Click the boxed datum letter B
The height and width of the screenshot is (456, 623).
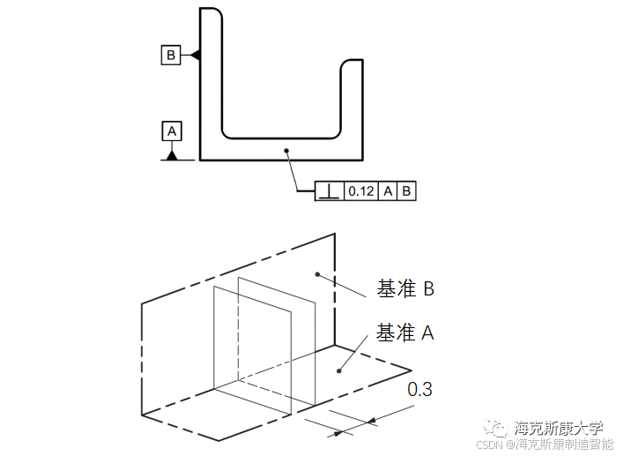(x=171, y=55)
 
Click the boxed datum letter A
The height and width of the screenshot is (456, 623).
(x=172, y=131)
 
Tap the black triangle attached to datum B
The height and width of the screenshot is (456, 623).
(x=195, y=55)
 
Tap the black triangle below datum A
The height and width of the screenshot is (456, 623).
(x=172, y=155)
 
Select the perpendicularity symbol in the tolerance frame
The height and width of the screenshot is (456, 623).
(x=329, y=190)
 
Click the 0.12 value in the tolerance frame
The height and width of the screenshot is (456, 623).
(x=360, y=190)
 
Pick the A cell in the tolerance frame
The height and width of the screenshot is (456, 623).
(x=387, y=190)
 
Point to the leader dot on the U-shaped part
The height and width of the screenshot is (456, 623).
(x=286, y=151)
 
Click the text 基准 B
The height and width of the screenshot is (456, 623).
(x=405, y=288)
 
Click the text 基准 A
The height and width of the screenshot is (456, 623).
(x=405, y=333)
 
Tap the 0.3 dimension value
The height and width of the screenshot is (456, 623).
(x=419, y=389)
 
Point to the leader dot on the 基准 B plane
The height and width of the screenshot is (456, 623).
(x=317, y=274)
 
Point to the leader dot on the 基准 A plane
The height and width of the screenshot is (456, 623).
(x=337, y=372)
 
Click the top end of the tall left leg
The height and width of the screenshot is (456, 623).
(x=210, y=9)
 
